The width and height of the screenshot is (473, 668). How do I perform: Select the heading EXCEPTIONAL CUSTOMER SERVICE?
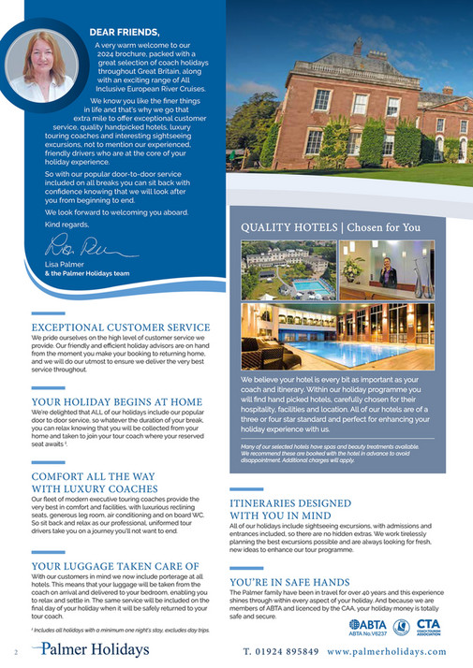click(121, 327)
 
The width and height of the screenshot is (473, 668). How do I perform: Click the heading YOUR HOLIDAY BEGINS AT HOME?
click(116, 401)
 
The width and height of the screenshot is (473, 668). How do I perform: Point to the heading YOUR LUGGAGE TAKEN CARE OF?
click(114, 566)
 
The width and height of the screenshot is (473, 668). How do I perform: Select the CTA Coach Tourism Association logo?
click(427, 624)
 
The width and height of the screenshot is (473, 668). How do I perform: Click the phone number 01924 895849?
click(278, 651)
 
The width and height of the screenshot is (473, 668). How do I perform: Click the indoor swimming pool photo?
click(336, 336)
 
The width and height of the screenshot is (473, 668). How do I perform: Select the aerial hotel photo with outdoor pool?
click(288, 269)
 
